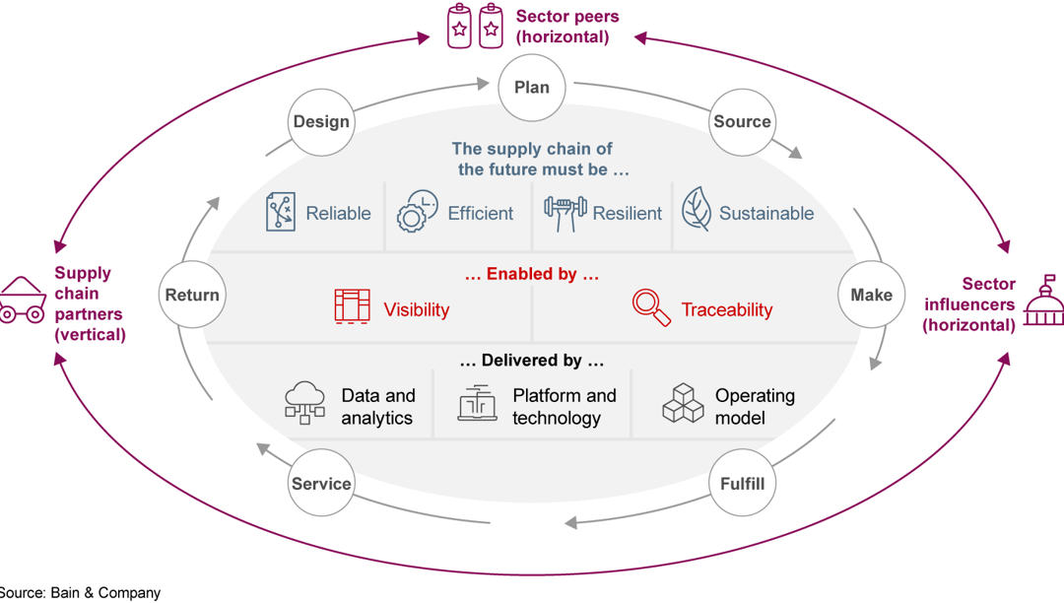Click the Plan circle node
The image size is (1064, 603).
531,87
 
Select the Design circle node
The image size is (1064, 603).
321,121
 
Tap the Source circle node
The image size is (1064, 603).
742,121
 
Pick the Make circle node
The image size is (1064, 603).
871,295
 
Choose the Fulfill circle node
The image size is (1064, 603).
742,483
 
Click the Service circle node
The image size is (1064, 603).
321,483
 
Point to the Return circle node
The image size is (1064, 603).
192,295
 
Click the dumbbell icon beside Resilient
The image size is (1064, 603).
565,213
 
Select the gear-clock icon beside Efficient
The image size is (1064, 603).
417,212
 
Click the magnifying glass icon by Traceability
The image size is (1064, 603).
651,307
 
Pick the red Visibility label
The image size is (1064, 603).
416,309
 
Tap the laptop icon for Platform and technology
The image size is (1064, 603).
478,404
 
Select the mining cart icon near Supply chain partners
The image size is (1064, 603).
22,300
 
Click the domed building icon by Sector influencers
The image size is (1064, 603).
1043,301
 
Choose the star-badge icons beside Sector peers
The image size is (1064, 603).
475,27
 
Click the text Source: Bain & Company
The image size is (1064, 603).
79,593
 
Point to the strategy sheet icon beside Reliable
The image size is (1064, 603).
281,212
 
